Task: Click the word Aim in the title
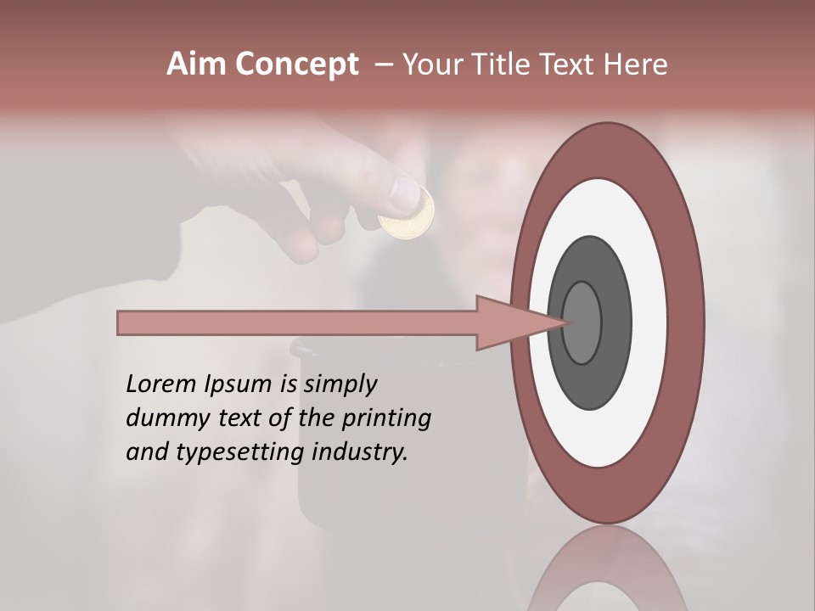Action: click(197, 64)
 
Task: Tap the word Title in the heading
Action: click(492, 64)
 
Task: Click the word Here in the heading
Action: click(635, 64)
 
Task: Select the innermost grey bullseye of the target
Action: click(582, 322)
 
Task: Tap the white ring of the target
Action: click(649, 322)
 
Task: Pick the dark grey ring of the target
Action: click(617, 322)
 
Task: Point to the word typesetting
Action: click(240, 453)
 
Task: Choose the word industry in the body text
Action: click(361, 452)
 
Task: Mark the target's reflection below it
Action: click(606, 573)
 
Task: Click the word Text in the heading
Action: click(569, 64)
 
